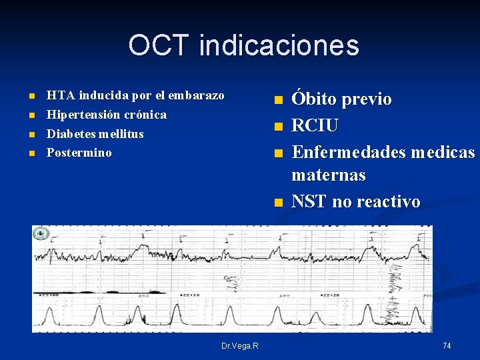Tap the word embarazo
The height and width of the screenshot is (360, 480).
[x=199, y=95]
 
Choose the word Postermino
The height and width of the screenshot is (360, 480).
[x=79, y=153]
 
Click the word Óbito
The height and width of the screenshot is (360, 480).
[x=314, y=100]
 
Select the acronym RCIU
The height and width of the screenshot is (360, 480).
[x=315, y=126]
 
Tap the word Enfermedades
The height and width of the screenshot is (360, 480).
[x=349, y=153]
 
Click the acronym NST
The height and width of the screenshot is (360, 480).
[x=309, y=201]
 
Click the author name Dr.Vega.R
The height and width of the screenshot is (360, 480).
[x=240, y=345]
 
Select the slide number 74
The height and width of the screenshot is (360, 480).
[x=447, y=345]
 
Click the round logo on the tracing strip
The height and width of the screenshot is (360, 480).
[x=41, y=233]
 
